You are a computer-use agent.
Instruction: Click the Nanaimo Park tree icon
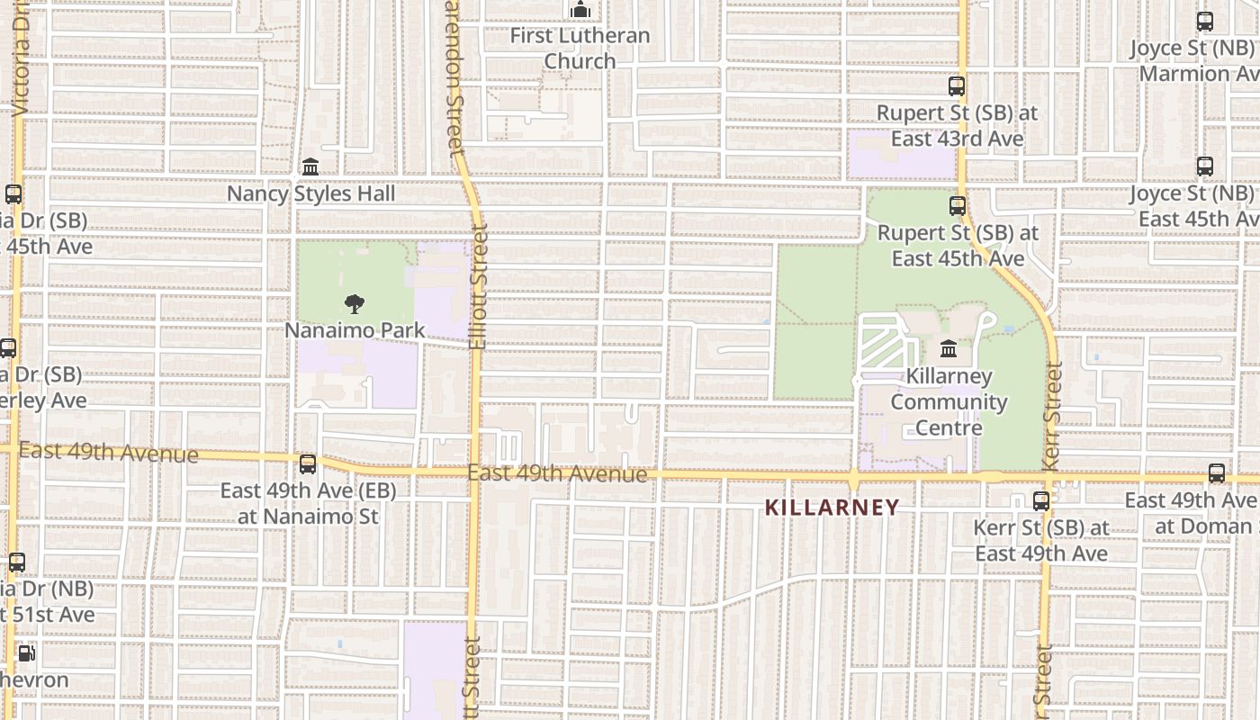coord(355,304)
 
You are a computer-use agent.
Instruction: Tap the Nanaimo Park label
coord(355,330)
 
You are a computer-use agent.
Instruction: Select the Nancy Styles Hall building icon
coord(310,167)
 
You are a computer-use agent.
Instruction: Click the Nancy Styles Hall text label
coord(310,193)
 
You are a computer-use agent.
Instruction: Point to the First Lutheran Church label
coord(580,49)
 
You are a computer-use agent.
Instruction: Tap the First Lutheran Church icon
coord(580,10)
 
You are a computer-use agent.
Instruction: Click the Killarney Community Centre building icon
coord(949,348)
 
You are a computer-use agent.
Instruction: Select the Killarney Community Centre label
coord(949,401)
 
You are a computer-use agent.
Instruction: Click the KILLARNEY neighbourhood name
coord(832,508)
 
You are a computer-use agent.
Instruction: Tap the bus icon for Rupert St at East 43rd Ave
coord(957,87)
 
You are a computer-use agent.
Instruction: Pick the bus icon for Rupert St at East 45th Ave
coord(958,206)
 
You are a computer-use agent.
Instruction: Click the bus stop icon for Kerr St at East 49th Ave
coord(1041,501)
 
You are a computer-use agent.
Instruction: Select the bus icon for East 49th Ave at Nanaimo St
coord(308,464)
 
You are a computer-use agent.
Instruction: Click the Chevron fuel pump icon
coord(27,653)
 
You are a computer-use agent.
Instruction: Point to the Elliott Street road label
coord(478,288)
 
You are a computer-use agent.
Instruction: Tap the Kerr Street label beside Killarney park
coord(1053,415)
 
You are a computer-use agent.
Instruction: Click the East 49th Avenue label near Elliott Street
coord(557,473)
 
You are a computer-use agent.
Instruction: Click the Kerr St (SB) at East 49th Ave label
coord(1041,540)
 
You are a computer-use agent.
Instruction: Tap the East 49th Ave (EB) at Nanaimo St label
coord(308,504)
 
